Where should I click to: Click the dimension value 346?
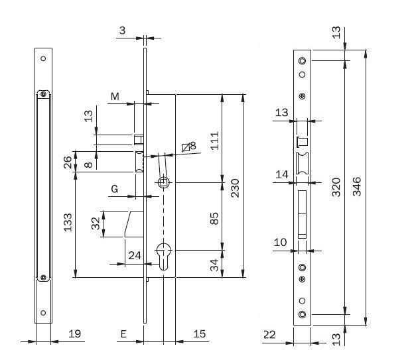pyautogui.click(x=357, y=186)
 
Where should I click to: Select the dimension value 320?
pyautogui.click(x=336, y=187)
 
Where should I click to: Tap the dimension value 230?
pyautogui.click(x=235, y=188)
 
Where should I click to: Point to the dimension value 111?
pyautogui.click(x=214, y=141)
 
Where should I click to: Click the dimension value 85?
pyautogui.click(x=214, y=218)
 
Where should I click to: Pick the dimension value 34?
pyautogui.click(x=214, y=265)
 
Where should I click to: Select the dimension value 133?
pyautogui.click(x=68, y=222)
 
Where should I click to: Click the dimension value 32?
pyautogui.click(x=96, y=223)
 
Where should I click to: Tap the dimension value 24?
pyautogui.click(x=135, y=255)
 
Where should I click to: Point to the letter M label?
pyautogui.click(x=115, y=97)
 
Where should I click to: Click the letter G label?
pyautogui.click(x=114, y=189)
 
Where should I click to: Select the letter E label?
pyautogui.click(x=123, y=334)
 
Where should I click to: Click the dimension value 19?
pyautogui.click(x=75, y=333)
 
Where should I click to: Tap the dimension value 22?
pyautogui.click(x=269, y=335)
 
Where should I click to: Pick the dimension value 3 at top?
pyautogui.click(x=122, y=30)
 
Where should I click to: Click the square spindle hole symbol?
pyautogui.click(x=163, y=182)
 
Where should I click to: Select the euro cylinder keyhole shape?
pyautogui.click(x=164, y=257)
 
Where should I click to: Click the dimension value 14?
pyautogui.click(x=282, y=174)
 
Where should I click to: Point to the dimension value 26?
pyautogui.click(x=68, y=162)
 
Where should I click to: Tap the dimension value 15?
pyautogui.click(x=200, y=333)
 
